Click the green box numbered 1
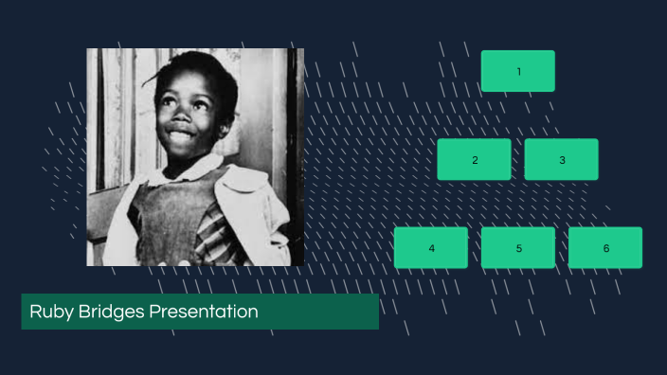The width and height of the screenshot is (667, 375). pyautogui.click(x=517, y=71)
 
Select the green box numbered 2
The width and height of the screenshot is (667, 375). pyautogui.click(x=474, y=159)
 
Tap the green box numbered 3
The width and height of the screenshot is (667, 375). pyautogui.click(x=561, y=159)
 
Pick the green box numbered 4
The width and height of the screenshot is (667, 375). pyautogui.click(x=431, y=247)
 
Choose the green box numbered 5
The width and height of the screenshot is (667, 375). pyautogui.click(x=517, y=247)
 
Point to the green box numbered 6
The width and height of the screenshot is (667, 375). pyautogui.click(x=604, y=247)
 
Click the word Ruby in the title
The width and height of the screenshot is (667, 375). pyautogui.click(x=48, y=312)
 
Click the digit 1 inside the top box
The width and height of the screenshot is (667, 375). pyautogui.click(x=518, y=71)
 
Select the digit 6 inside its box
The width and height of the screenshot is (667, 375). pyautogui.click(x=606, y=248)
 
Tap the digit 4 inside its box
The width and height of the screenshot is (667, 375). pyautogui.click(x=431, y=248)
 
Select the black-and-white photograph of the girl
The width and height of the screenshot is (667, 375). pyautogui.click(x=196, y=157)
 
